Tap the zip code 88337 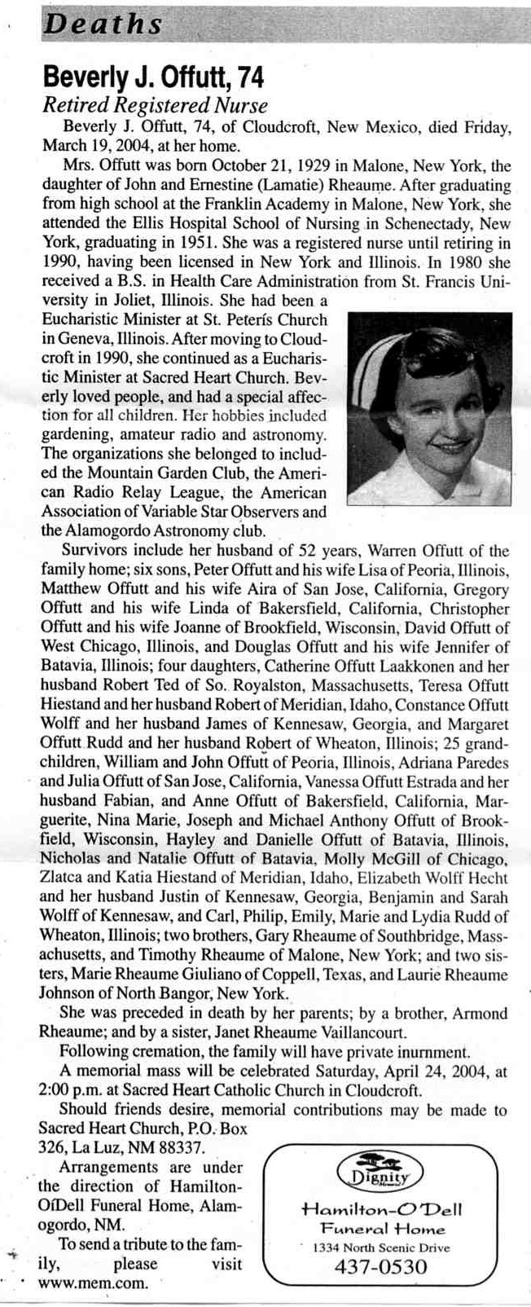click(180, 1146)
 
